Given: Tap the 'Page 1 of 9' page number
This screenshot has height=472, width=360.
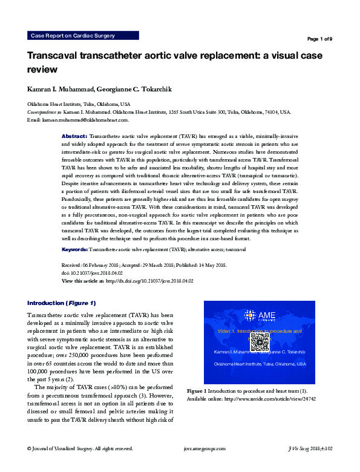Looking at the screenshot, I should (319, 39).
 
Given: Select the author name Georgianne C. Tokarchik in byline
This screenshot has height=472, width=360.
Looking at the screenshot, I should (137, 90).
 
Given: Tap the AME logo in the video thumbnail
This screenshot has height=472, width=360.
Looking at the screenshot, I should (259, 315).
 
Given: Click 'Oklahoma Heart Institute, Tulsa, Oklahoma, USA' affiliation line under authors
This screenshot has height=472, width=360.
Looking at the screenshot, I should (74, 105).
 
